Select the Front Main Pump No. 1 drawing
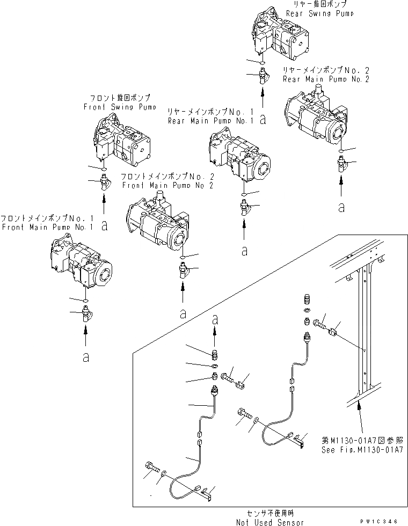tap(81, 263)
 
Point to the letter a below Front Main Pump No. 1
tap(85, 357)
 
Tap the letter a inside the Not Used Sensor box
tap(215, 319)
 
